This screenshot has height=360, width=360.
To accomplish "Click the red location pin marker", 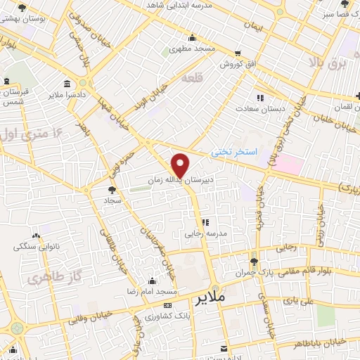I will (x=181, y=165).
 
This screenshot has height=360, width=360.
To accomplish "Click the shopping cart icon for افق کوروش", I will (x=238, y=53).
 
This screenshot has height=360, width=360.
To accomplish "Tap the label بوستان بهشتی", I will (x=43, y=20).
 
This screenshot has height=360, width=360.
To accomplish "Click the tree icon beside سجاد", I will (x=111, y=189).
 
